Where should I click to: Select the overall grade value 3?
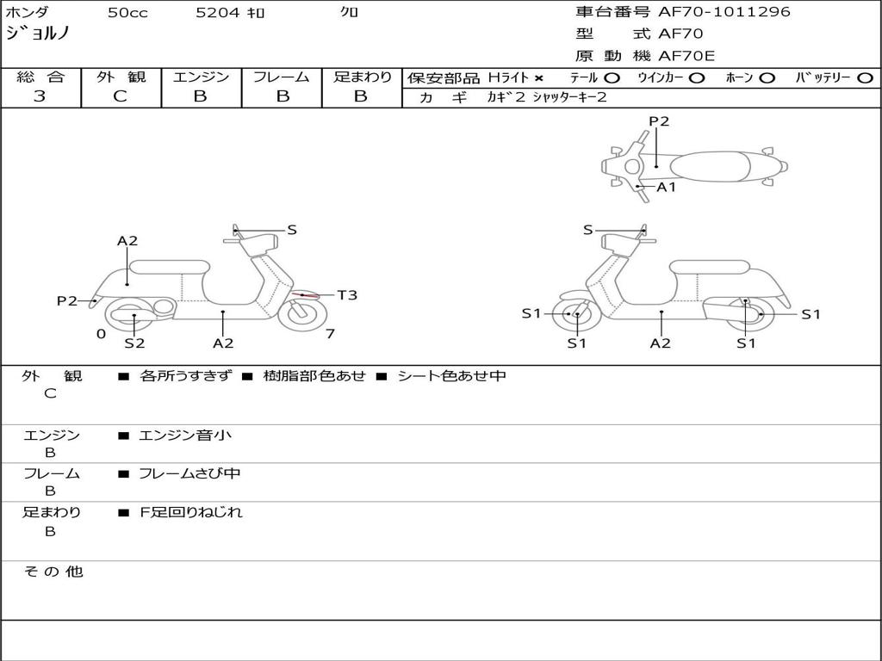(40, 96)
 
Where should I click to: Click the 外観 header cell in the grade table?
(121, 77)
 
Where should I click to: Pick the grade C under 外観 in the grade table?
(121, 96)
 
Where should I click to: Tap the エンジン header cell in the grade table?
(201, 77)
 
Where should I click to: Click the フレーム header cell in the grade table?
(282, 77)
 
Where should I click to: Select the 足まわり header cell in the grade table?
(362, 77)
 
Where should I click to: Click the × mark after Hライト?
(538, 78)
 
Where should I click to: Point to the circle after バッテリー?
(865, 78)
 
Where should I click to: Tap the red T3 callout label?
(347, 295)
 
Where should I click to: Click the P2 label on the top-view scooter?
(659, 121)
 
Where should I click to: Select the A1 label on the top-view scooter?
(667, 187)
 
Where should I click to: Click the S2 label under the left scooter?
(134, 343)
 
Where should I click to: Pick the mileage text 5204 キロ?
(230, 13)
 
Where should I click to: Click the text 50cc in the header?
(127, 13)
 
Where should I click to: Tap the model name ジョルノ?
(38, 34)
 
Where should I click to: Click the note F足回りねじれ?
(191, 512)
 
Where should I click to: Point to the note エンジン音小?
(185, 436)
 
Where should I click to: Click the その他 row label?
(53, 571)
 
